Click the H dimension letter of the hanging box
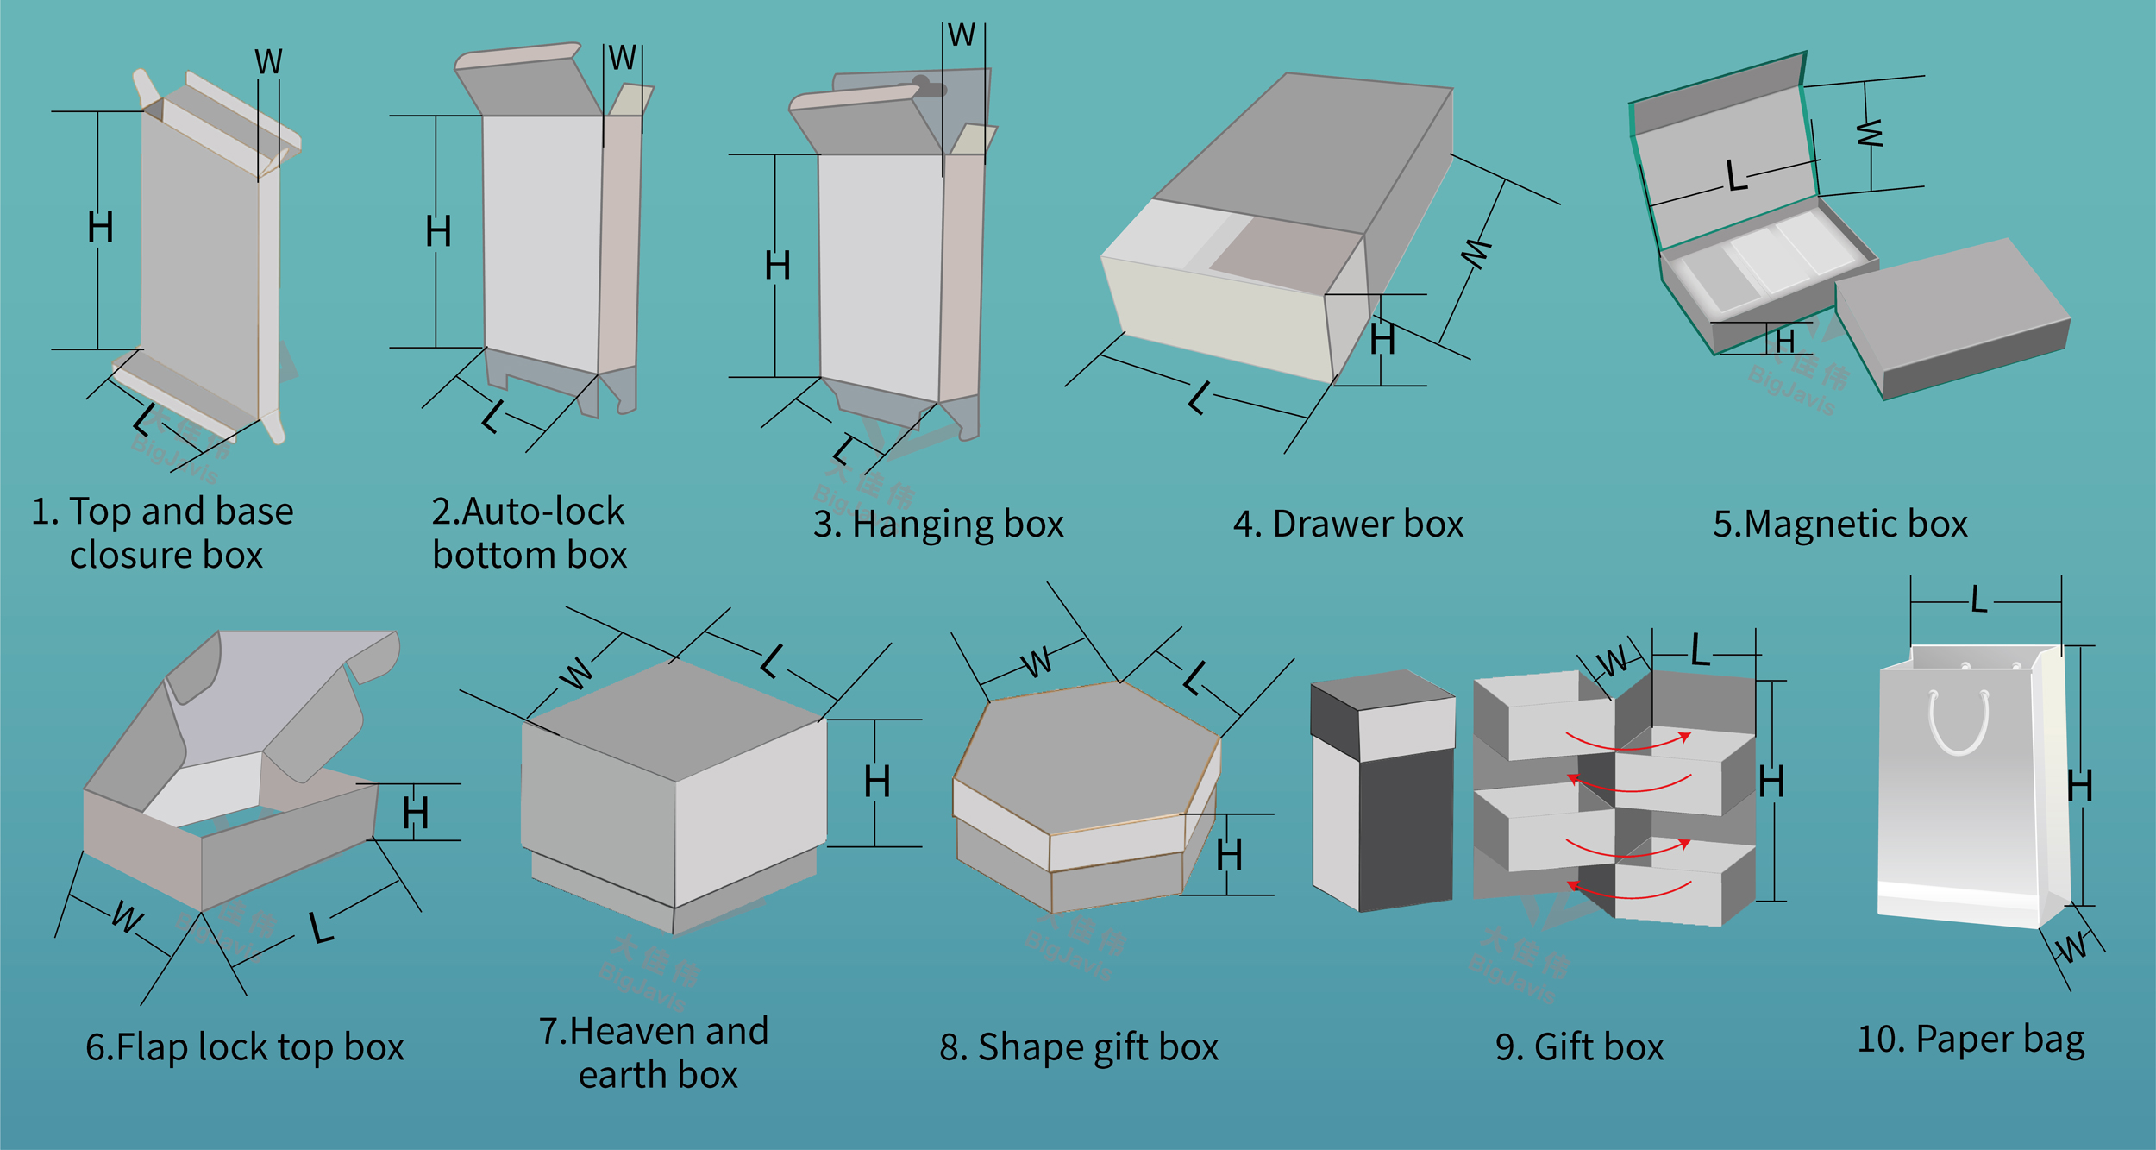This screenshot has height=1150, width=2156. (777, 265)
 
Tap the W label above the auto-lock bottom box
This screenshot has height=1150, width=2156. (622, 59)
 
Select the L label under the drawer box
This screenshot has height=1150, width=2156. (1198, 398)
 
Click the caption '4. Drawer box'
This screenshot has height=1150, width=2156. (1348, 525)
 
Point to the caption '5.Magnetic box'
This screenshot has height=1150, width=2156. (1839, 525)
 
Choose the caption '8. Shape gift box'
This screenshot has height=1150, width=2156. (1078, 1047)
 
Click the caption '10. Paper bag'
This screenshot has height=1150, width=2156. (1970, 1040)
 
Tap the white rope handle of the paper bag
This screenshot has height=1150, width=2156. (1959, 725)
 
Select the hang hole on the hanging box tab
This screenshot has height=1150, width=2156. (921, 84)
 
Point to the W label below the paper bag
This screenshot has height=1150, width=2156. (2071, 947)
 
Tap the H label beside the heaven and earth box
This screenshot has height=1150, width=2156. (877, 782)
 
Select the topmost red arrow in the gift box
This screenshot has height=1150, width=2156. (1628, 742)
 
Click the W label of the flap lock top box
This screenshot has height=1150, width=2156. (127, 917)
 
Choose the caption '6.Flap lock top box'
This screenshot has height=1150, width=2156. (244, 1047)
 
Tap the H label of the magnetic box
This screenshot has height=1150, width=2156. (1784, 342)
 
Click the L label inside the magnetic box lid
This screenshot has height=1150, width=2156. (1736, 176)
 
